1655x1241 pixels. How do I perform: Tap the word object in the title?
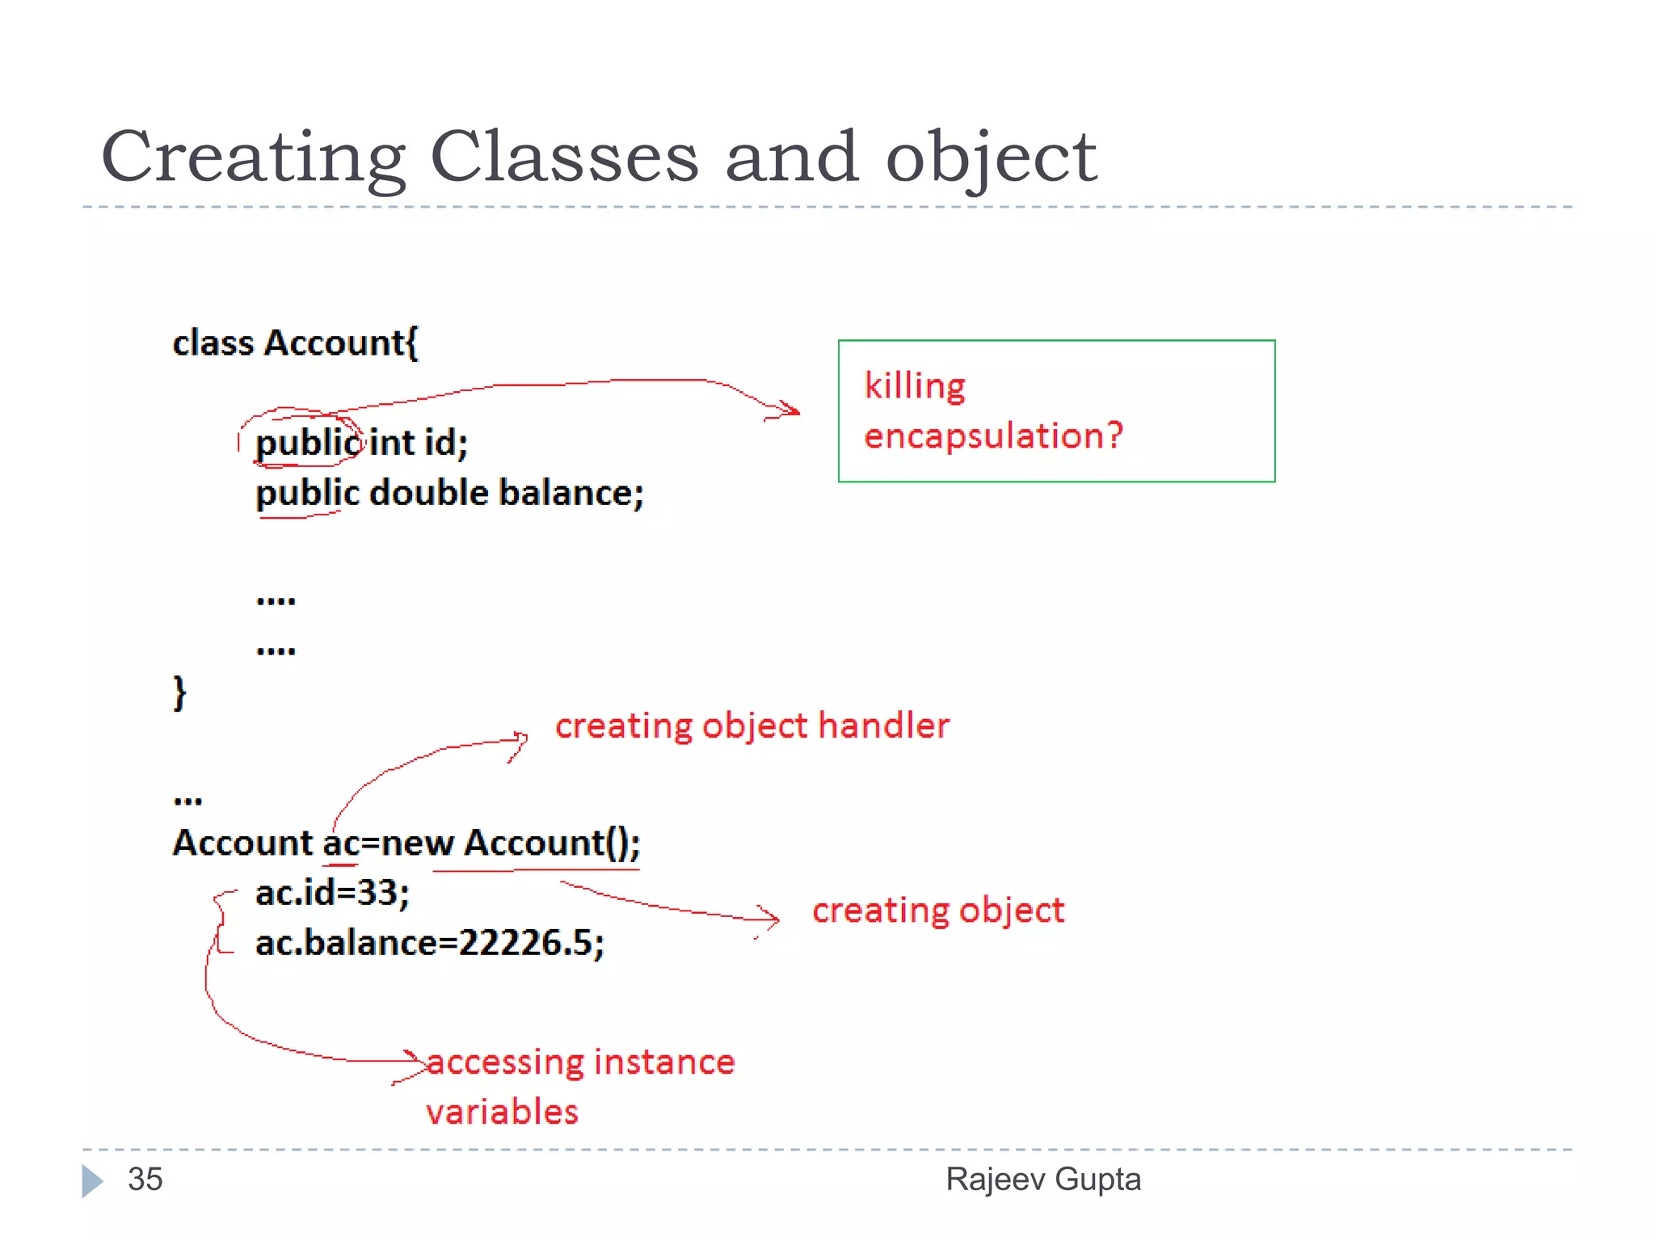click(x=991, y=158)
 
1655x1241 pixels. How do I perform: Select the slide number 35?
click(x=145, y=1179)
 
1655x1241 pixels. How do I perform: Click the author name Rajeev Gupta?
click(x=1043, y=1179)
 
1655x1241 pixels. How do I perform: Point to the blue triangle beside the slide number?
click(x=92, y=1180)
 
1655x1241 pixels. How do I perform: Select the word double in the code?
click(x=429, y=493)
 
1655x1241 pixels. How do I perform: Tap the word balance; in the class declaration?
click(x=571, y=493)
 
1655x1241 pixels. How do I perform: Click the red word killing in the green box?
click(x=915, y=386)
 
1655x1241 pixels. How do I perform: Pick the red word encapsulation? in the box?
click(x=993, y=436)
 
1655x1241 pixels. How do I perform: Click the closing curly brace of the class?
click(x=179, y=693)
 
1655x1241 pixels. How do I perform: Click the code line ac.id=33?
click(x=332, y=893)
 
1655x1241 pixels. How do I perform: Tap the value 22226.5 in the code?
click(x=526, y=943)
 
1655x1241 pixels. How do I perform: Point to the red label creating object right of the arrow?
click(x=938, y=911)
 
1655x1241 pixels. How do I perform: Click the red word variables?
click(x=502, y=1113)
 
